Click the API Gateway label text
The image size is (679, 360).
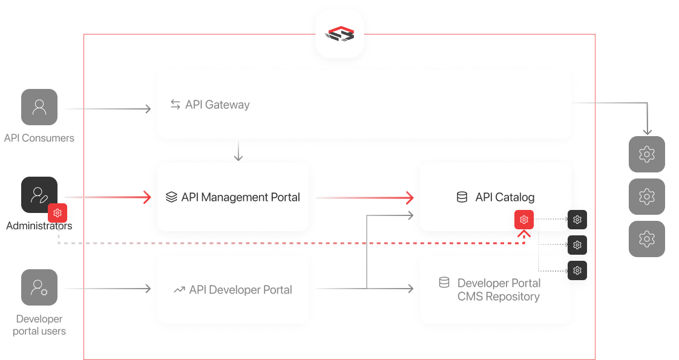tap(217, 105)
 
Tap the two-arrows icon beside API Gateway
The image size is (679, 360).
tap(175, 105)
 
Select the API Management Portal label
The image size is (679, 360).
tap(240, 197)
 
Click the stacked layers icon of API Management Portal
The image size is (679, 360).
tap(171, 197)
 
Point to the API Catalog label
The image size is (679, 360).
tap(505, 197)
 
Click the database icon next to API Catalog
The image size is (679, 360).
tap(462, 197)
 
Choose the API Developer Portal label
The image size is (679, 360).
tap(240, 290)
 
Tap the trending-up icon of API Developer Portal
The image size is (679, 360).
tap(179, 290)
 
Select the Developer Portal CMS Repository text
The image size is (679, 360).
tap(499, 290)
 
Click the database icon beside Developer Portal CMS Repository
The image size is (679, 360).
tap(444, 283)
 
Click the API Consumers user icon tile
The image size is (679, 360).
tap(39, 108)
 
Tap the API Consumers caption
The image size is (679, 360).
tap(39, 138)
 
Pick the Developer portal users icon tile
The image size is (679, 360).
tap(39, 287)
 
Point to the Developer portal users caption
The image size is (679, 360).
tap(39, 325)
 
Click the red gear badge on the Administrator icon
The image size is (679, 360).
tap(57, 213)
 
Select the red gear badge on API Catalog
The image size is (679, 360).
tap(524, 219)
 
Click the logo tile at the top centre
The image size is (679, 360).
tap(339, 34)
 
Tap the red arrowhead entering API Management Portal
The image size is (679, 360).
tap(146, 197)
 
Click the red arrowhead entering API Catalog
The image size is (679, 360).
tap(410, 197)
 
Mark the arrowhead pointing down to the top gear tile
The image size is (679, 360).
tap(647, 131)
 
